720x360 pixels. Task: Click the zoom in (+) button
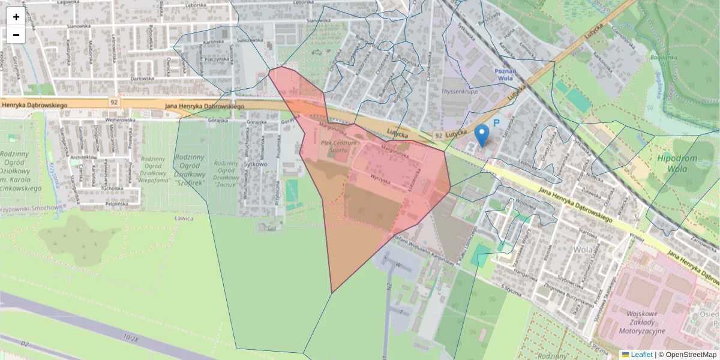click(x=16, y=17)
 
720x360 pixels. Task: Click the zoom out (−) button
click(x=16, y=35)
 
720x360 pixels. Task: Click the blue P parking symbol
click(x=496, y=123)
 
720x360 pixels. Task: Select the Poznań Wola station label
click(x=505, y=74)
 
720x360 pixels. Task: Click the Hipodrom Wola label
click(x=677, y=163)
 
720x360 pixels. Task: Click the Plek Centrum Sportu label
click(x=338, y=146)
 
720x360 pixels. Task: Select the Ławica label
click(x=184, y=218)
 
